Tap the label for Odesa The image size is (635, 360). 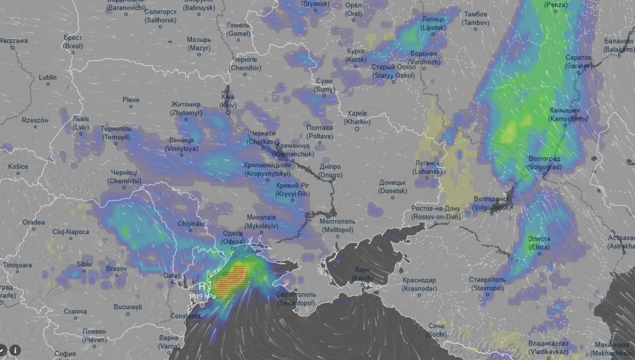point(233,237)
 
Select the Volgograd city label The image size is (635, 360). point(545,163)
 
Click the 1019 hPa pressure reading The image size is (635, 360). point(202,296)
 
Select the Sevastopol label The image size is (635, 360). point(296,299)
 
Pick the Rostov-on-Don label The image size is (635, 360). point(436,212)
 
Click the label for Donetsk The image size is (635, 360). point(393,186)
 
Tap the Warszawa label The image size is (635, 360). point(14,41)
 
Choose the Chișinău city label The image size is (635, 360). point(191,224)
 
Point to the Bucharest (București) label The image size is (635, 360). point(128,307)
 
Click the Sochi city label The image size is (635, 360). point(437,330)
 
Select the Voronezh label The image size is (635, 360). point(423,58)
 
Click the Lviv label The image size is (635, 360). point(81,123)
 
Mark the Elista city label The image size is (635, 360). point(539,243)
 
